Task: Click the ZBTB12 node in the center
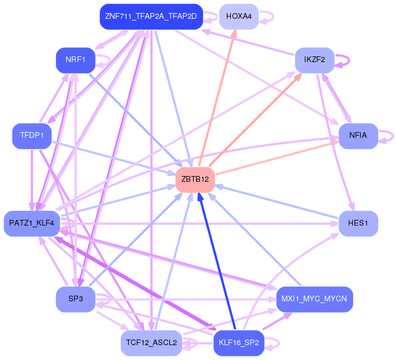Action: pos(195,179)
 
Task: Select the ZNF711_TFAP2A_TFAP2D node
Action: pos(152,17)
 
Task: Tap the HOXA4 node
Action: pos(239,17)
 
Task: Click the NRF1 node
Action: pos(76,60)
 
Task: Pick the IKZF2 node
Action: pos(315,60)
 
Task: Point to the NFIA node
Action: pos(358,136)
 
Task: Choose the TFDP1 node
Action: pos(32,136)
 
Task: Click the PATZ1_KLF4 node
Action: pos(32,223)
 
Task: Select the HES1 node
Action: pos(358,223)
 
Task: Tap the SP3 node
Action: pos(76,299)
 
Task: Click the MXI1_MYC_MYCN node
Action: pos(315,299)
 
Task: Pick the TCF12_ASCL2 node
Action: pos(152,343)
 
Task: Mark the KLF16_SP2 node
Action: pos(239,343)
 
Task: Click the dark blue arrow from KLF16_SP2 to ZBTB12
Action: pos(217,261)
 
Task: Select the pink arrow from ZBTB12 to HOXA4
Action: pos(217,98)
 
